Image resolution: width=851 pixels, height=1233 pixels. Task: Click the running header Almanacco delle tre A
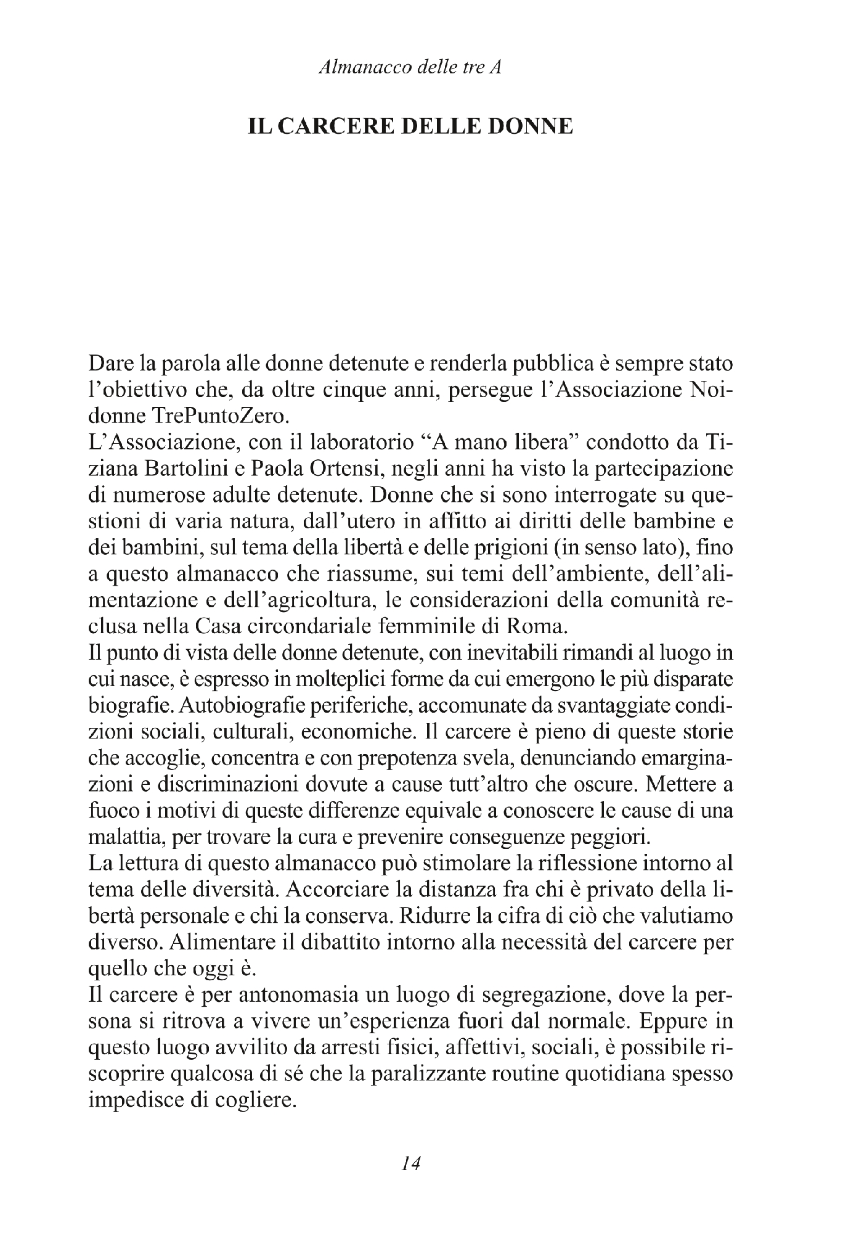click(409, 68)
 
